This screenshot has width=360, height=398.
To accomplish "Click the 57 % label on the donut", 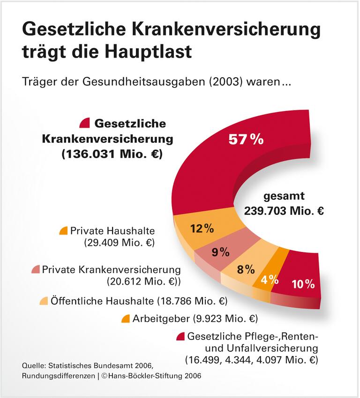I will point(246,140).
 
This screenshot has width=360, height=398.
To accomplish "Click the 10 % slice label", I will point(303,284).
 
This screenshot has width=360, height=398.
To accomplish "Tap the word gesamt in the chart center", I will point(284,196).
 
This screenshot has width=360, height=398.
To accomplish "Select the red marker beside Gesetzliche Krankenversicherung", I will point(84,123).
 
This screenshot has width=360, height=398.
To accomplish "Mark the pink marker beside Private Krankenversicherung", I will point(35,270).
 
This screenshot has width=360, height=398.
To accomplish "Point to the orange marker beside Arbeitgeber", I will point(125,319).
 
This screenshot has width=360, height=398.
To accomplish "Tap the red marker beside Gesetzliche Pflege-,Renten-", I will point(180,336).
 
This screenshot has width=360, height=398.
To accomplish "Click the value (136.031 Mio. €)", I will point(112,155).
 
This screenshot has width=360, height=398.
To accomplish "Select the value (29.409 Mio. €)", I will point(119,243).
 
